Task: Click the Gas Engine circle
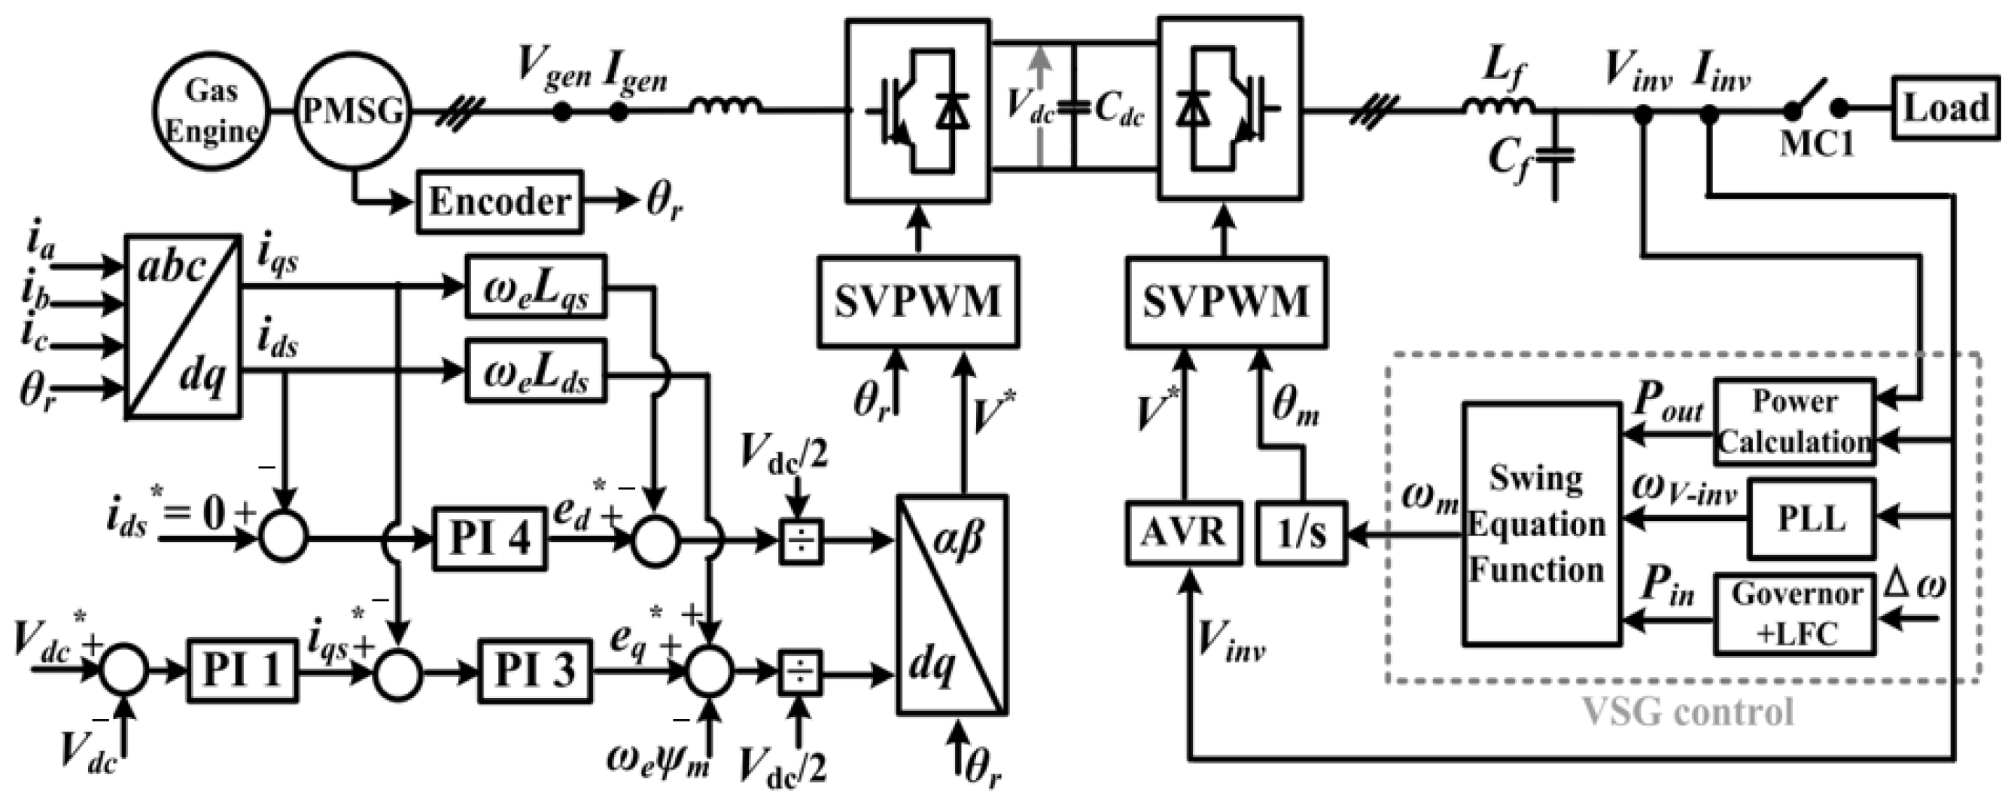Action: [211, 111]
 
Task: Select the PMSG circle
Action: [354, 111]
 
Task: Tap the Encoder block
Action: [500, 202]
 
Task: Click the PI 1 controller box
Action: [242, 669]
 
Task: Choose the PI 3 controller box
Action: [535, 669]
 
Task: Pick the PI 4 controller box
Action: [489, 538]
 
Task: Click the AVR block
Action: [1183, 534]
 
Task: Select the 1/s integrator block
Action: [1302, 534]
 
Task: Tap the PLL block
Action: [1811, 519]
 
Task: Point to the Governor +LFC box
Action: [1795, 614]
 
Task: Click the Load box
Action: [1945, 107]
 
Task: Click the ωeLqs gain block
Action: [536, 285]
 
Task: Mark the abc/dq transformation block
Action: [183, 326]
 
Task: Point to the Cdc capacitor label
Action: [1119, 111]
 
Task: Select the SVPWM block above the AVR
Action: [1226, 301]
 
